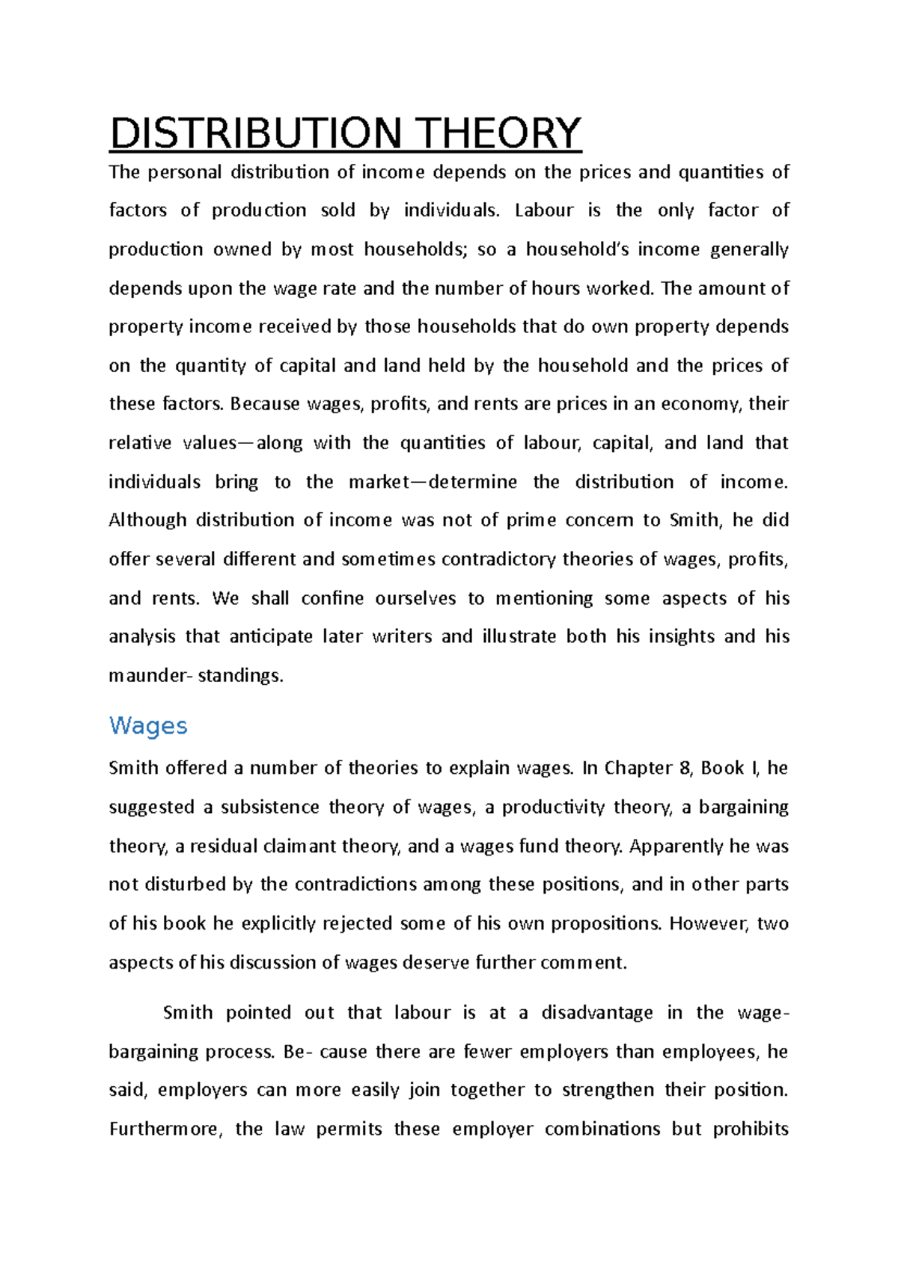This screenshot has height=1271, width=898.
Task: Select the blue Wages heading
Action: coord(148,725)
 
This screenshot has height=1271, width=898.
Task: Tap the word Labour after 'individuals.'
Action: coord(544,210)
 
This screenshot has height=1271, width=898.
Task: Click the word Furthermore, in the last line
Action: coord(166,1130)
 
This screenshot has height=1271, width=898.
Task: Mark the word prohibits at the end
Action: coord(751,1130)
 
